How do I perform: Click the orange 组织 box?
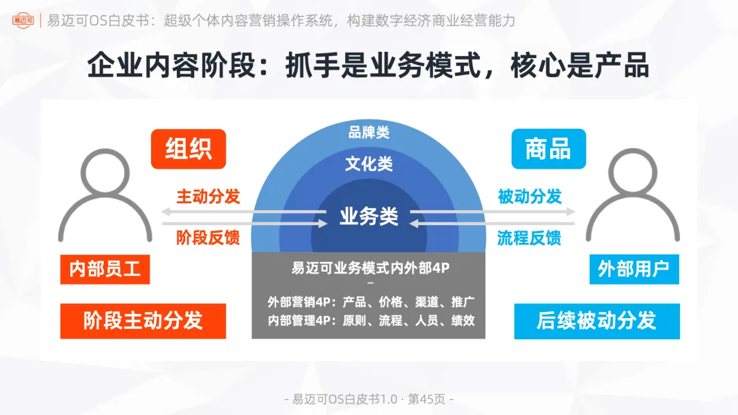188,149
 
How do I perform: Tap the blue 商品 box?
548,149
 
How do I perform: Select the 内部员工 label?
105,269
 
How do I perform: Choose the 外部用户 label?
633,269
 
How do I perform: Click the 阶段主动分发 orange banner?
143,321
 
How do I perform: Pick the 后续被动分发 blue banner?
597,321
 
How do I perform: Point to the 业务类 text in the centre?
368,216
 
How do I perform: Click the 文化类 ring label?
368,164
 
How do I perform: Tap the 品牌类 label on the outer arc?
368,132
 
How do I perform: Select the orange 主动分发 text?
208,197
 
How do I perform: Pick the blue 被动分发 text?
530,197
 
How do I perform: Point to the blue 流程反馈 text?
530,238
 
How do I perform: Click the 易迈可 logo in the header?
25,20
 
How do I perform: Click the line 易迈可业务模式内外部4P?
370,268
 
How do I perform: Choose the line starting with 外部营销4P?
371,302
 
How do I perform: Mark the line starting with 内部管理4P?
371,319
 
